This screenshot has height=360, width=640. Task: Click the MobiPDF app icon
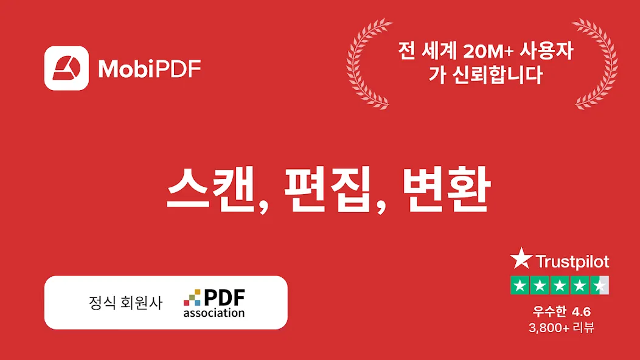[x=66, y=67]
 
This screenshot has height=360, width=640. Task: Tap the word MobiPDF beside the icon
[x=150, y=69]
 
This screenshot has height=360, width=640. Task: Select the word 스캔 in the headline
[x=212, y=189]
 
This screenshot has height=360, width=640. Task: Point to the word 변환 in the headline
[x=447, y=189]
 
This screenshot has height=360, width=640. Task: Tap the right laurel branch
[x=597, y=64]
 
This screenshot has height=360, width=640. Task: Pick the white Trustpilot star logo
[x=521, y=259]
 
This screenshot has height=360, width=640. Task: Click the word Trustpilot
[x=572, y=261]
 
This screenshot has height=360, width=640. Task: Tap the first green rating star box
[x=520, y=285]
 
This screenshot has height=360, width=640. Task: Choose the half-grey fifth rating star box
[x=600, y=285]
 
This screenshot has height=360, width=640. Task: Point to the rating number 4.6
[x=581, y=312]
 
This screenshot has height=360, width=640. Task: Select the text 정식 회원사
[x=126, y=302]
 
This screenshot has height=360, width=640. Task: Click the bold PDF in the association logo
[x=224, y=297]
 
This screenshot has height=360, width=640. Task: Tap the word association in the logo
[x=214, y=313]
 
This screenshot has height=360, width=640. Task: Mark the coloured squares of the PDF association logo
[x=192, y=297]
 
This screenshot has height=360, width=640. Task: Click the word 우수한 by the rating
[x=549, y=312]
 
